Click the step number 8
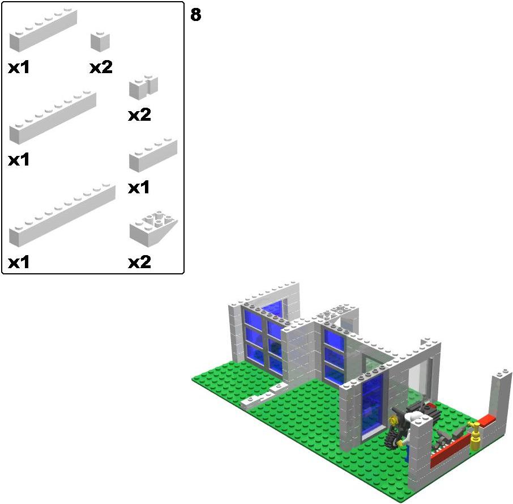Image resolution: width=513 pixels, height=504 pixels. pyautogui.click(x=196, y=15)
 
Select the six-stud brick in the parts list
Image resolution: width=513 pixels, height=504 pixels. pyautogui.click(x=43, y=31)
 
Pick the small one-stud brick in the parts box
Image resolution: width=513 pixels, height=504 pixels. pyautogui.click(x=100, y=41)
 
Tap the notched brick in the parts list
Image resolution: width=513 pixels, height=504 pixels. pyautogui.click(x=144, y=87)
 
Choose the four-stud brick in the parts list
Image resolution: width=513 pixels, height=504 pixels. pyautogui.click(x=153, y=155)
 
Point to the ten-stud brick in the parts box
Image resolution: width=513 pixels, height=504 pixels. pyautogui.click(x=62, y=215)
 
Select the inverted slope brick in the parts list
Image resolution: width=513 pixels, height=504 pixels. pyautogui.click(x=153, y=229)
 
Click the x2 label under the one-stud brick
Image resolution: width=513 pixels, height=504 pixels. pyautogui.click(x=101, y=67)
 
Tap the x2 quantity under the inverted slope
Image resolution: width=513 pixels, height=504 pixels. pyautogui.click(x=140, y=262)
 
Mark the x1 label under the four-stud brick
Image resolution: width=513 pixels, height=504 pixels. pyautogui.click(x=139, y=188)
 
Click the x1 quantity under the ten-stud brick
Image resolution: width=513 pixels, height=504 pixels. pyautogui.click(x=19, y=262)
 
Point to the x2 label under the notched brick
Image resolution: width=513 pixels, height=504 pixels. pyautogui.click(x=140, y=115)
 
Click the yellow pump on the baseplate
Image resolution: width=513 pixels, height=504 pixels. pyautogui.click(x=475, y=435)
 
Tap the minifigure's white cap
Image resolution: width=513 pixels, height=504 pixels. pyautogui.click(x=413, y=418)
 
